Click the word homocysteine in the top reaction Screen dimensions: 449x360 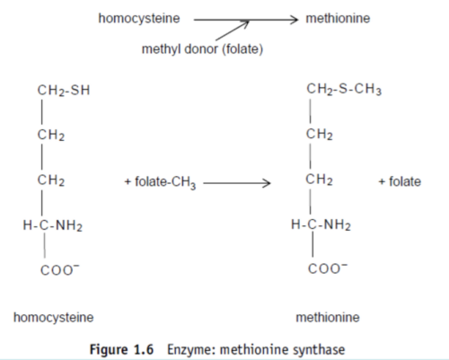pyautogui.click(x=139, y=19)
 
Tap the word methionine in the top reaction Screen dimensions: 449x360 pyautogui.click(x=338, y=18)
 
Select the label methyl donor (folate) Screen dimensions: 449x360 pyautogui.click(x=202, y=49)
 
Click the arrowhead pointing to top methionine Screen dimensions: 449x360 pyautogui.click(x=294, y=20)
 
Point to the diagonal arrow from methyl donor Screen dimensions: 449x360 pyautogui.click(x=233, y=31)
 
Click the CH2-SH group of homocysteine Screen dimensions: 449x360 pyautogui.click(x=64, y=91)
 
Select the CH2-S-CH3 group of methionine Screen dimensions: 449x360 pyautogui.click(x=344, y=89)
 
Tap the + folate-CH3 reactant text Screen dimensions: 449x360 pyautogui.click(x=160, y=182)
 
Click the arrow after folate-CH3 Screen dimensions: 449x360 pyautogui.click(x=237, y=183)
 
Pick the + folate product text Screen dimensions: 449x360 pyautogui.click(x=400, y=181)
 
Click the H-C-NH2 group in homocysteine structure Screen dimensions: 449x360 pyautogui.click(x=53, y=225)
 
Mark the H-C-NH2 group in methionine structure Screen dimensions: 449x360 pyautogui.click(x=321, y=224)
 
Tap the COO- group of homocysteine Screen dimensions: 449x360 pyautogui.click(x=60, y=270)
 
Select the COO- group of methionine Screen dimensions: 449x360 pyautogui.click(x=328, y=268)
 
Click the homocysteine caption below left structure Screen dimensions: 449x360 pyautogui.click(x=54, y=318)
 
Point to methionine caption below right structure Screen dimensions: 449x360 pyautogui.click(x=328, y=317)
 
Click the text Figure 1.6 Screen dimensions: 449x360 pyautogui.click(x=121, y=349)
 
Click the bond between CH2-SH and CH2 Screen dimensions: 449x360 pyautogui.click(x=41, y=111)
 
